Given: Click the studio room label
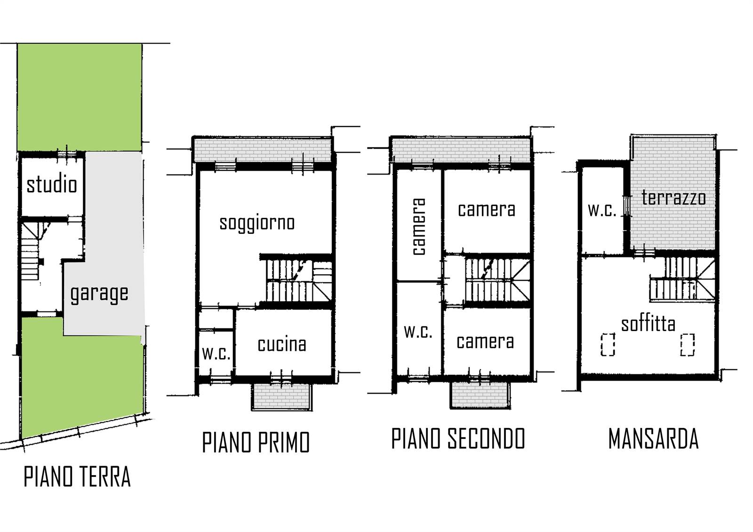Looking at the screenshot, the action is (52, 185).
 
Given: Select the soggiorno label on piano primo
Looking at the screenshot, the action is (257, 223).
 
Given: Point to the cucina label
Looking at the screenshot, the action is (282, 345).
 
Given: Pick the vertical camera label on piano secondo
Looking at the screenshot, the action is (419, 227).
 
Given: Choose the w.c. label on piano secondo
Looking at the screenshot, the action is (418, 332).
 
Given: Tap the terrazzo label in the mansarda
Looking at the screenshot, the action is (673, 198).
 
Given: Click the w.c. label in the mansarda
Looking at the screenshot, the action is (602, 210).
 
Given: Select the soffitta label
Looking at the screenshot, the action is (648, 324).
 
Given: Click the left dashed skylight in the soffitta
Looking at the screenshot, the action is (608, 344).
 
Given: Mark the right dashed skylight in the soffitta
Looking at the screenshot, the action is (688, 344).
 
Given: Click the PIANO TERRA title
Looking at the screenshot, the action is (77, 477).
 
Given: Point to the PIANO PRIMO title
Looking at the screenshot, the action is (256, 443).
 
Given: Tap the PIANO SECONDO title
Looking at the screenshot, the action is (458, 438).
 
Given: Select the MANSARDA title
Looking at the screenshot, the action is (654, 439).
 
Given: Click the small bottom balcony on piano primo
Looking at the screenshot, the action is (282, 396).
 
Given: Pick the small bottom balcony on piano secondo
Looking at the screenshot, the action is (480, 395).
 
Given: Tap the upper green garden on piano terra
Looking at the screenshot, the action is (80, 97).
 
